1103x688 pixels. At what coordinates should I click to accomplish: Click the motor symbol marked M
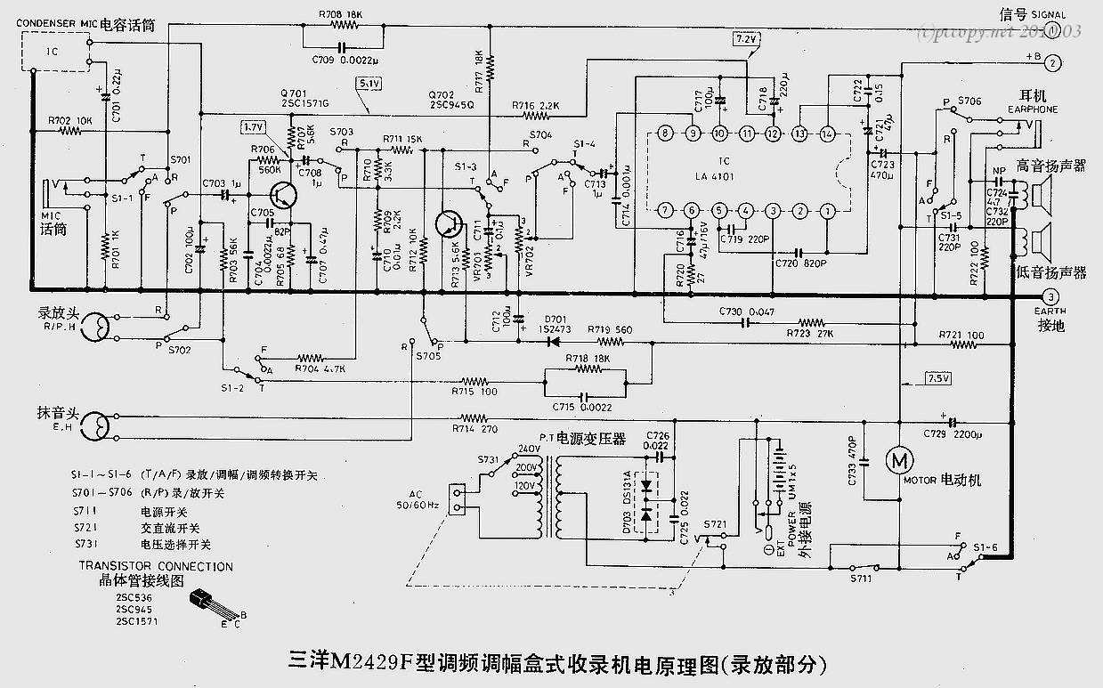[x=897, y=460]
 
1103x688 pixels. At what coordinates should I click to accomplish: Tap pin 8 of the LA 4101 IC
[x=664, y=134]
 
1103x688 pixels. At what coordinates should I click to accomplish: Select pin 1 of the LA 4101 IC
[x=828, y=211]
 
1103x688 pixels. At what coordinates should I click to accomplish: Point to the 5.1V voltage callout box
[x=369, y=84]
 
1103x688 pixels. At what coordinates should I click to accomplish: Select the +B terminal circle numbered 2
[x=1053, y=62]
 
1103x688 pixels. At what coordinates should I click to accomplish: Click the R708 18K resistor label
[x=340, y=15]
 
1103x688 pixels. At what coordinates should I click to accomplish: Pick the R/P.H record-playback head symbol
[x=93, y=328]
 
